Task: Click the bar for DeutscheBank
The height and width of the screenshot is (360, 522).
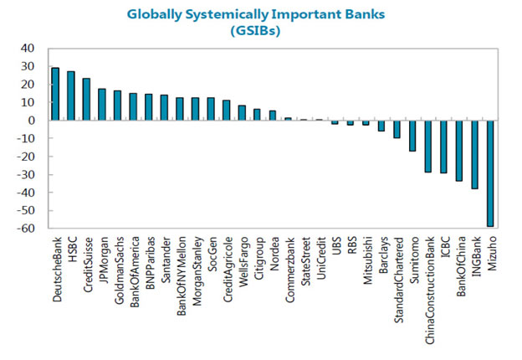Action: click(55, 94)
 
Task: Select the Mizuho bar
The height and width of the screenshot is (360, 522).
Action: click(490, 173)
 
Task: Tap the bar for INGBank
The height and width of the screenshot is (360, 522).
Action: click(475, 154)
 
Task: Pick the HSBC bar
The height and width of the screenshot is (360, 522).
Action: click(71, 95)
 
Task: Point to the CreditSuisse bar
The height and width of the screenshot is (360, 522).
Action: click(86, 100)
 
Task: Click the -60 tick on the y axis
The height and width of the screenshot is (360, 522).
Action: click(28, 228)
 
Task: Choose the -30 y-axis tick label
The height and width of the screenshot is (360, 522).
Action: click(28, 174)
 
